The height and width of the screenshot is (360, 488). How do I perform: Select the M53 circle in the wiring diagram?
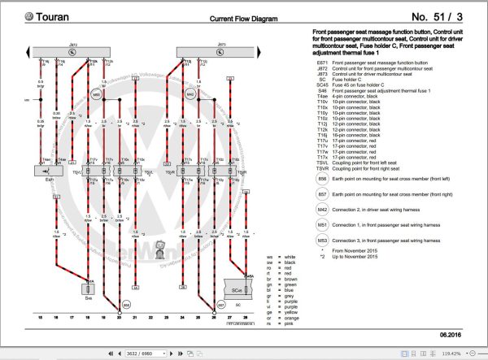click(x=96, y=94)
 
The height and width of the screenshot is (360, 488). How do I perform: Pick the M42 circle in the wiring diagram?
click(x=190, y=94)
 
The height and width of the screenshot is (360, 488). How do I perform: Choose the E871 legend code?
click(x=322, y=62)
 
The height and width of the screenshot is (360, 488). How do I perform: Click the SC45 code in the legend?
click(x=322, y=84)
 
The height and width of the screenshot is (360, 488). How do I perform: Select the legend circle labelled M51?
click(x=322, y=225)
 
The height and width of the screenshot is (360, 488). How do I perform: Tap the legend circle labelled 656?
click(x=322, y=178)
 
